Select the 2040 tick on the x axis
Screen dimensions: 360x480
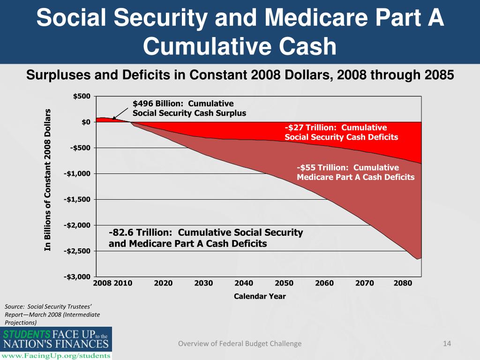[244, 283]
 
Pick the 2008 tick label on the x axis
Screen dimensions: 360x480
[102, 283]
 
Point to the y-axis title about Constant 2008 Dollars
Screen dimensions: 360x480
[47, 180]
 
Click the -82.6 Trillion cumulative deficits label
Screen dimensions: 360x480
[206, 238]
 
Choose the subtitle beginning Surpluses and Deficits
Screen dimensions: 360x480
[240, 75]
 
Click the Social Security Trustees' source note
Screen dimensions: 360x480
[52, 314]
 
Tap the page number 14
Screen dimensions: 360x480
[447, 344]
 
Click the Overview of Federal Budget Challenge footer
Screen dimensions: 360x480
[240, 344]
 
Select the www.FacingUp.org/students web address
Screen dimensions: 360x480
[56, 355]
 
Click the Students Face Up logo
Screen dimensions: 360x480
[56, 339]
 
